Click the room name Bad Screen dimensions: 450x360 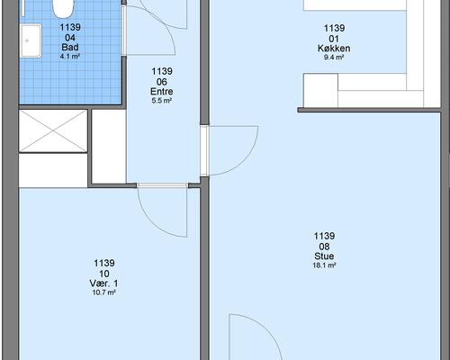(x=70, y=47)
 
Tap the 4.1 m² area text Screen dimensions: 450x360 (x=69, y=56)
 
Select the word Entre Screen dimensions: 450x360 (x=162, y=91)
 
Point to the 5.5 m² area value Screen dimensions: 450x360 (x=161, y=101)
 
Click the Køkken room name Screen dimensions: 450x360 (x=334, y=49)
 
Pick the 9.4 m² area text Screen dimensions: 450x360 (x=334, y=58)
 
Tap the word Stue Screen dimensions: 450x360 (x=324, y=256)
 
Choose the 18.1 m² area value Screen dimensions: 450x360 (x=324, y=265)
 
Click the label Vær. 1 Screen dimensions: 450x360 (x=103, y=283)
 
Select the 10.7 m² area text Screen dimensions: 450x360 (x=103, y=292)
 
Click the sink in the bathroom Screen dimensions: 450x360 (x=31, y=40)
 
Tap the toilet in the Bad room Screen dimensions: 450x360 (x=63, y=8)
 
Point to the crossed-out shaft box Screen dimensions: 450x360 (x=53, y=130)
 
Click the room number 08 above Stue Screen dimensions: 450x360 (x=324, y=247)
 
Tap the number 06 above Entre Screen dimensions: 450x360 (x=162, y=82)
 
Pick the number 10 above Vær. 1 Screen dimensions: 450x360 (x=103, y=274)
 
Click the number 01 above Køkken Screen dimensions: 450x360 (x=334, y=39)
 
